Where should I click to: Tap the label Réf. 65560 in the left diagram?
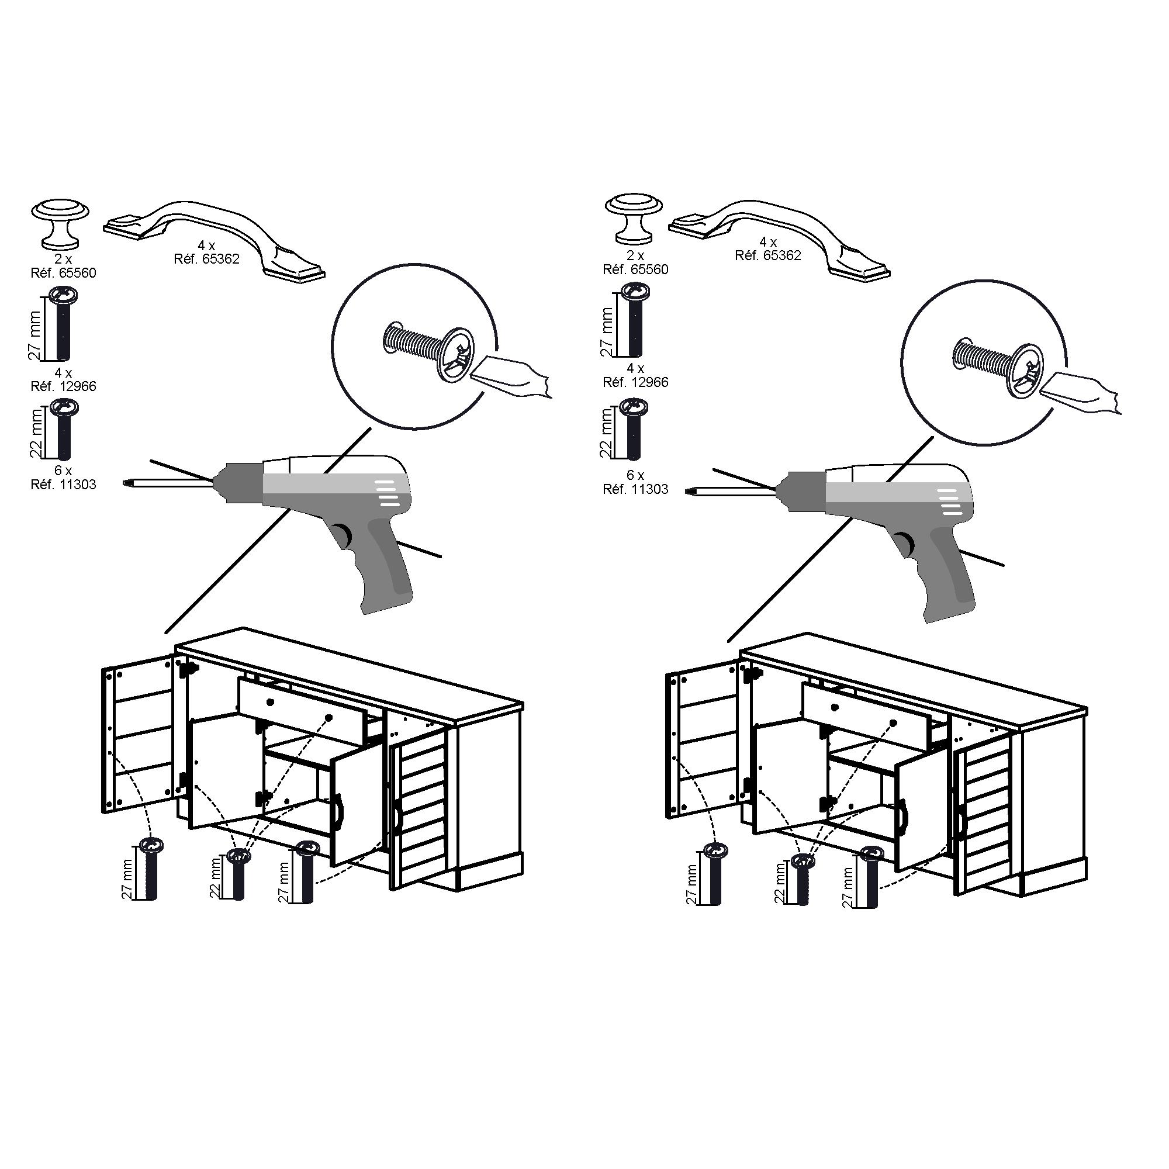pyautogui.click(x=64, y=273)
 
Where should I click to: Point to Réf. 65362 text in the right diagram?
pyautogui.click(x=768, y=255)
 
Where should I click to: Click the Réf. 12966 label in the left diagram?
pyautogui.click(x=64, y=386)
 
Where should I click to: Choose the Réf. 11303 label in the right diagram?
pyautogui.click(x=635, y=489)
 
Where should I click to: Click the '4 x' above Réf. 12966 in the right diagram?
pyautogui.click(x=635, y=368)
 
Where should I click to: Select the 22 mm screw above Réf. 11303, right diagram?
pyautogui.click(x=634, y=429)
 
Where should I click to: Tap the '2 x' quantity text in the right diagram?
pyautogui.click(x=635, y=256)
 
